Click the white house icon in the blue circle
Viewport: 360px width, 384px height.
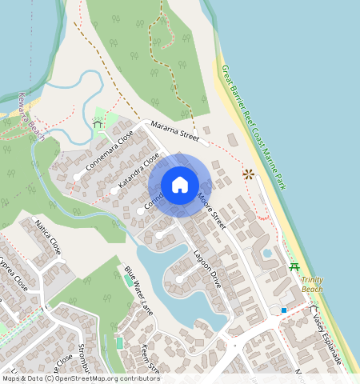180,185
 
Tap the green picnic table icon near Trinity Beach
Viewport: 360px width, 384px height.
294,266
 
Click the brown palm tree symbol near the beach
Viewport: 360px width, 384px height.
248,174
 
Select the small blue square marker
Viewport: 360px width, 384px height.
283,310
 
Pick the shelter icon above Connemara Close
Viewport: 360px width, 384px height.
98,123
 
